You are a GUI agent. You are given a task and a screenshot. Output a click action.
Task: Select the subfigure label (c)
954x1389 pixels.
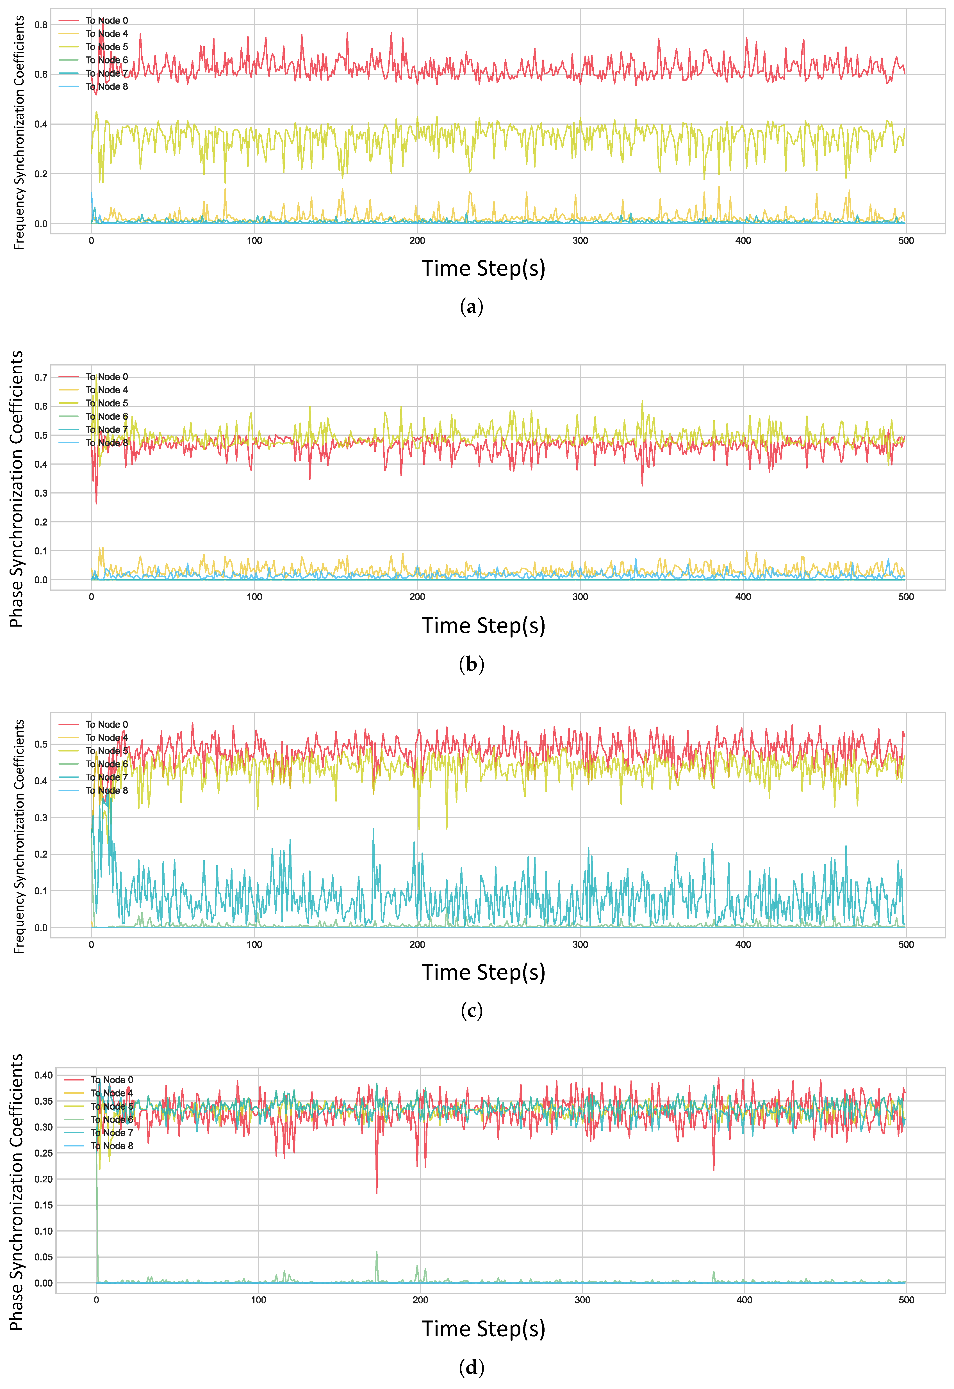click(472, 1011)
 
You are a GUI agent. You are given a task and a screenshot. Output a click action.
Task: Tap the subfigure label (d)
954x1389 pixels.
click(472, 1367)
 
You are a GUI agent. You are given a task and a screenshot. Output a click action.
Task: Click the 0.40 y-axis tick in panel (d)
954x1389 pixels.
click(43, 1075)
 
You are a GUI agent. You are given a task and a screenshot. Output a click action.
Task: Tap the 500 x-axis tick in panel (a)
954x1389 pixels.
click(906, 241)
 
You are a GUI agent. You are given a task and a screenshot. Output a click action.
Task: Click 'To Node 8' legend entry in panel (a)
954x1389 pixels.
click(106, 87)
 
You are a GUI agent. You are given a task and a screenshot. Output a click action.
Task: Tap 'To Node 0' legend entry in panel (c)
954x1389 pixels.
click(106, 724)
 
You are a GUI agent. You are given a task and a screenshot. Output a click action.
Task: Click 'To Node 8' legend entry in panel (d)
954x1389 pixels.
click(112, 1146)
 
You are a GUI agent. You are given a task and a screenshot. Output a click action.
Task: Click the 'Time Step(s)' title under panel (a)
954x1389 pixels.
click(484, 268)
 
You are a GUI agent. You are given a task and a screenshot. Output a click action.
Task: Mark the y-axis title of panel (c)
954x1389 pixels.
click(19, 837)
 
